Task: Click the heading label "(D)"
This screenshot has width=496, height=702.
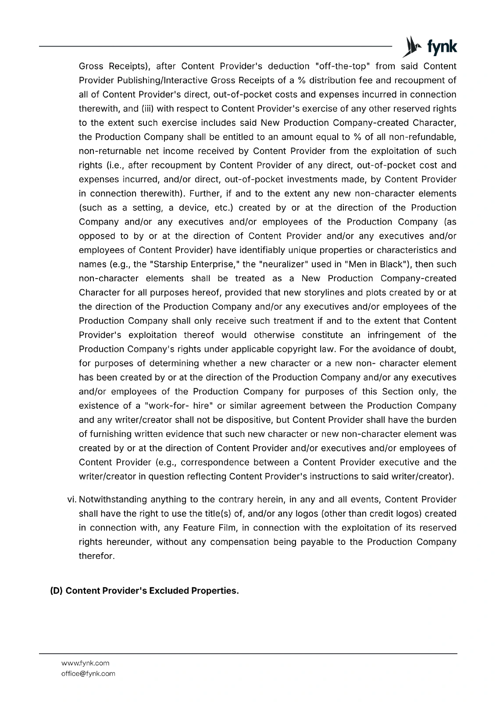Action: pos(57,591)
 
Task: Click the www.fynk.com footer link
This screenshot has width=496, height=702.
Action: pos(86,663)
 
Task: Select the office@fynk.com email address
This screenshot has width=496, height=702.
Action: pos(88,673)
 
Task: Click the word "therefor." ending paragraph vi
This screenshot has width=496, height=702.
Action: pos(96,556)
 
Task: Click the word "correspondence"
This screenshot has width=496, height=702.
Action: pos(214,462)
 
